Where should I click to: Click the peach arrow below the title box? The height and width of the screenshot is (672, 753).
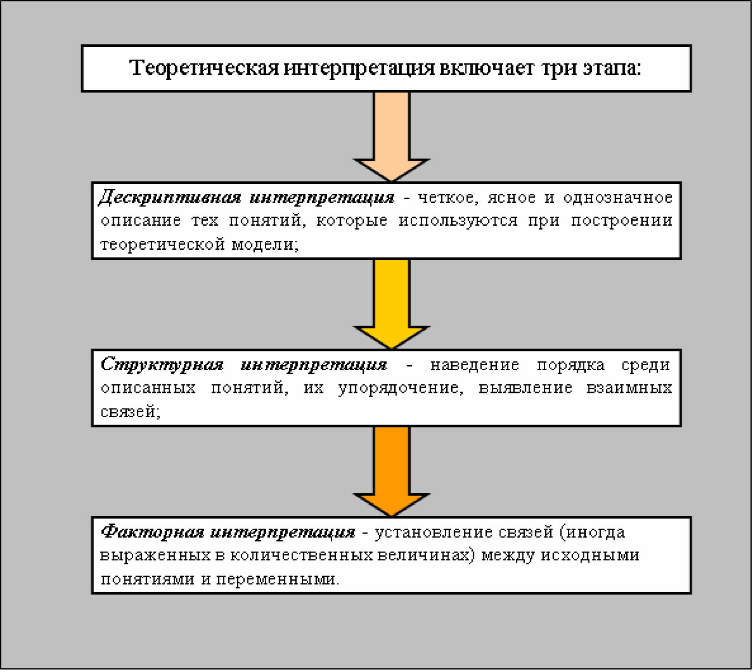pos(392,137)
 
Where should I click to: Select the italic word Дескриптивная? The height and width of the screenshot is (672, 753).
pos(170,197)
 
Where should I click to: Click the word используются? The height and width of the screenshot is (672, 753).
pos(458,221)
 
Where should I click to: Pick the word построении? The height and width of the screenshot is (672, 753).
pos(621,221)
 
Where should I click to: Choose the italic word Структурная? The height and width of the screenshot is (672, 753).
pos(162,365)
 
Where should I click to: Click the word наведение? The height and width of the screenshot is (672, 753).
pos(474,365)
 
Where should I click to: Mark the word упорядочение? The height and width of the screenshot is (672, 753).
pos(400,388)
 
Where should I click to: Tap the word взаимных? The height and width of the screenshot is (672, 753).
pos(629,388)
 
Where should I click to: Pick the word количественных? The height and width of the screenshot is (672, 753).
pos(301,556)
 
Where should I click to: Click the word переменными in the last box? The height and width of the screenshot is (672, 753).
pos(277,579)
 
